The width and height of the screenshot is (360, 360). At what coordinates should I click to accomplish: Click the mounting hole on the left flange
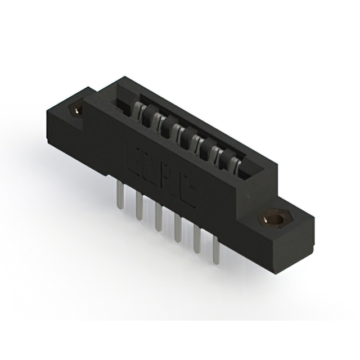click(75, 110)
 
